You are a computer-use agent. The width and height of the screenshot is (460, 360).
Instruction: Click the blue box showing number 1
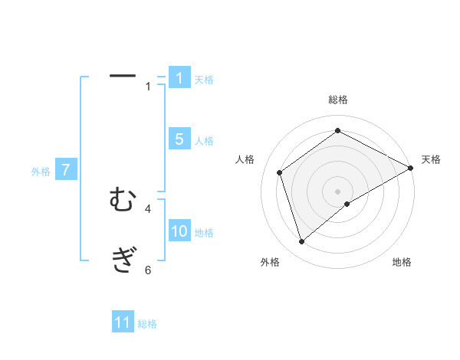pos(179,77)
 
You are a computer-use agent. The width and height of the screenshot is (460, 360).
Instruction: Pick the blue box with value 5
pos(179,139)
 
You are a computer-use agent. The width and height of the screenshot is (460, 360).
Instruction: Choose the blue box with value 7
pos(66,170)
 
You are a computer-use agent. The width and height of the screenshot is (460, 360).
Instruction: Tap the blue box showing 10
pos(179,231)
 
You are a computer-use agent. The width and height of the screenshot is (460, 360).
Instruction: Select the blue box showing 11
pos(123,322)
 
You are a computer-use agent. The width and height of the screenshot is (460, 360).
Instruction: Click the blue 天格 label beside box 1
pos(204,79)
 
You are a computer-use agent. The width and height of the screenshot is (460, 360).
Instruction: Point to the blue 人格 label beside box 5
pos(204,141)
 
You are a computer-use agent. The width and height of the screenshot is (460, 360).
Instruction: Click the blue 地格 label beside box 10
pos(204,233)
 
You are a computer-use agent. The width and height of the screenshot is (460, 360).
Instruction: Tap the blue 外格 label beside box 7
pos(41,172)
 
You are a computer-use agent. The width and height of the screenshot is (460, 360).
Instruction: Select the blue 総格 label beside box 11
pos(147,324)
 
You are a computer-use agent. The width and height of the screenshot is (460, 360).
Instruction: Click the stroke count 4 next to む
pos(148,208)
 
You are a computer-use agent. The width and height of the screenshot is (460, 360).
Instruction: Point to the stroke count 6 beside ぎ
pos(148,270)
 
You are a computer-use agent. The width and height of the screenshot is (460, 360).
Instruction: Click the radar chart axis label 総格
pos(337,100)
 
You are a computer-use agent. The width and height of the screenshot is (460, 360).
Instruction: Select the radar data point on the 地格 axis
pos(347,204)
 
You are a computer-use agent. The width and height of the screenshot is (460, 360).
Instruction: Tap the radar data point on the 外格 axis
pos(302,242)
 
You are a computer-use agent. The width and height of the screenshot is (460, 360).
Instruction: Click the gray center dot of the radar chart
pos(337,191)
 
